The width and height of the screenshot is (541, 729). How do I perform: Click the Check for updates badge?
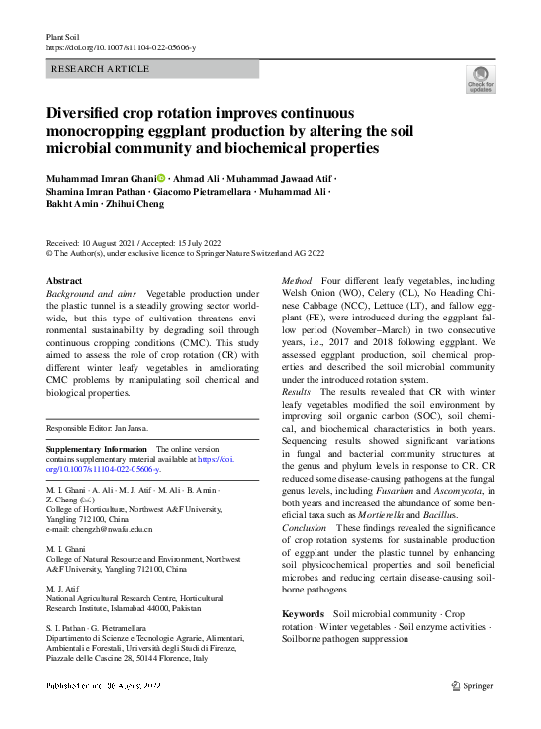pyautogui.click(x=480, y=79)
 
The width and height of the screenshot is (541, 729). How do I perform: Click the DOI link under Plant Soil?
pyautogui.click(x=122, y=47)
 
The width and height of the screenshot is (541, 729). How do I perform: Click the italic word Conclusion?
pyautogui.click(x=306, y=528)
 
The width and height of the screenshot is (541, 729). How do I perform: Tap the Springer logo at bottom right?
pyautogui.click(x=473, y=684)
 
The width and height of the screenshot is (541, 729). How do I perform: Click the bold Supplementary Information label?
pyautogui.click(x=99, y=449)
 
